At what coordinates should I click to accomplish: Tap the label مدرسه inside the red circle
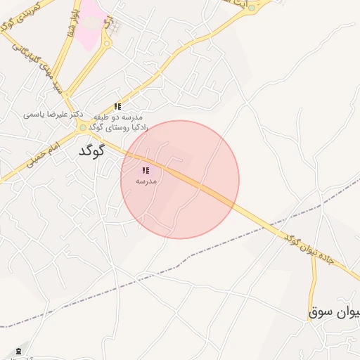tap(146, 181)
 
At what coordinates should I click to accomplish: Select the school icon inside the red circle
tap(146, 171)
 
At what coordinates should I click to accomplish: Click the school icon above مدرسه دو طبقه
tap(117, 106)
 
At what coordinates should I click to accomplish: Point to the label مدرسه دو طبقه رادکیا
tap(117, 121)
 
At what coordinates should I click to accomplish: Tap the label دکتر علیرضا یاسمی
tap(53, 113)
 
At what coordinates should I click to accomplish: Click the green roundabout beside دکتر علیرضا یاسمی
tap(83, 127)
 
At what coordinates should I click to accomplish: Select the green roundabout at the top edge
tap(251, 8)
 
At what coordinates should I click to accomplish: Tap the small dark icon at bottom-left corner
tap(18, 350)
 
